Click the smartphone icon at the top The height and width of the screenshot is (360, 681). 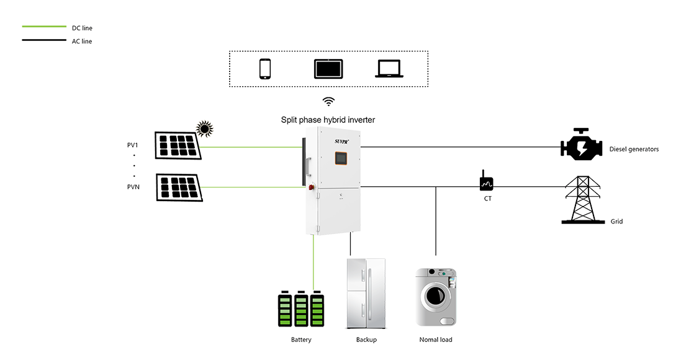click(x=266, y=68)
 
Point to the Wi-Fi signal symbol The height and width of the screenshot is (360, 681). click(x=328, y=100)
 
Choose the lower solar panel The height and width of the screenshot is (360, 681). click(x=178, y=188)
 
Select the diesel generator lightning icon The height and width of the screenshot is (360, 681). click(x=583, y=147)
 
